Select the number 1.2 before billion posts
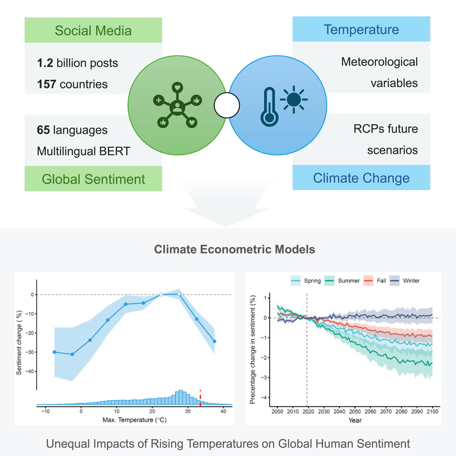[45, 63]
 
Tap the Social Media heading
[93, 31]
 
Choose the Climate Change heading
[361, 178]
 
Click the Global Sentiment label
[93, 179]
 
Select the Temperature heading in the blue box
[361, 30]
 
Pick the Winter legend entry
[405, 281]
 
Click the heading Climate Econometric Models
[228, 250]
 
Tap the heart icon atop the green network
[177, 87]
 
